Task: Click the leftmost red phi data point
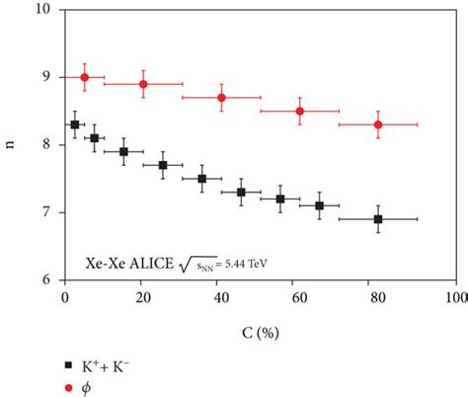tap(84, 77)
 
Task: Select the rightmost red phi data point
tap(378, 124)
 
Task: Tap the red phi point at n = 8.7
tap(221, 98)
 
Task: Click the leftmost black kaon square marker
tap(75, 124)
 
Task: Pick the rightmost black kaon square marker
tap(378, 219)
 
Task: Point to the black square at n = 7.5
tap(201, 179)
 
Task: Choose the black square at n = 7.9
tap(123, 151)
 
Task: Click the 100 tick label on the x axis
tap(455, 296)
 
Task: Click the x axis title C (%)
tap(260, 322)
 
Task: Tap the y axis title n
tap(12, 144)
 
